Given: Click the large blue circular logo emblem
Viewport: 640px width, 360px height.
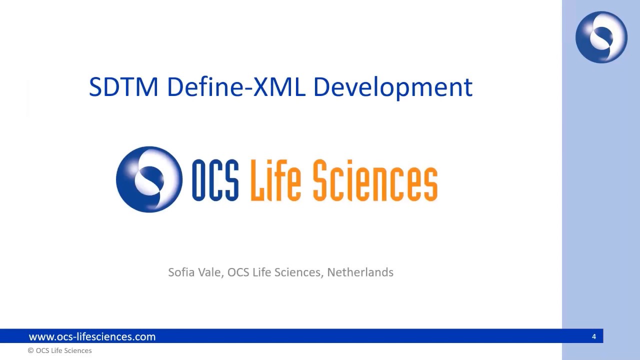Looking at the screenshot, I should (149, 179).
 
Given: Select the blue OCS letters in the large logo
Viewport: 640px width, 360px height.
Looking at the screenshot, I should (215, 180).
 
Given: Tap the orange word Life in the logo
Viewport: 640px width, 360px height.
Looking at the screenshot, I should (275, 180).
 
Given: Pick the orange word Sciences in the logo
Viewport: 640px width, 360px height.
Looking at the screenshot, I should (375, 180).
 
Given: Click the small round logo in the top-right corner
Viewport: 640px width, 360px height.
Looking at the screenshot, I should (601, 37).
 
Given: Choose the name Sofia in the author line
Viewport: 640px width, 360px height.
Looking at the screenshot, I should (181, 272).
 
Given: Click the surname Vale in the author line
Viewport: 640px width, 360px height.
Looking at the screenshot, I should (210, 272).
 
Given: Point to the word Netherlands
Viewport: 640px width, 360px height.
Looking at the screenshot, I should (360, 272).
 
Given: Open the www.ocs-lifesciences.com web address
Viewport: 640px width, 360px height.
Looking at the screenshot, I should (92, 336).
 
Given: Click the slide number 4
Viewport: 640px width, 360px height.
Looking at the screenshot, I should (594, 336).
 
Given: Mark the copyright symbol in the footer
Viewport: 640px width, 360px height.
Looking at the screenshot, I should (30, 351).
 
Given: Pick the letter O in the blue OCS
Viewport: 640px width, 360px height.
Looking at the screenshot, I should (200, 180).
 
